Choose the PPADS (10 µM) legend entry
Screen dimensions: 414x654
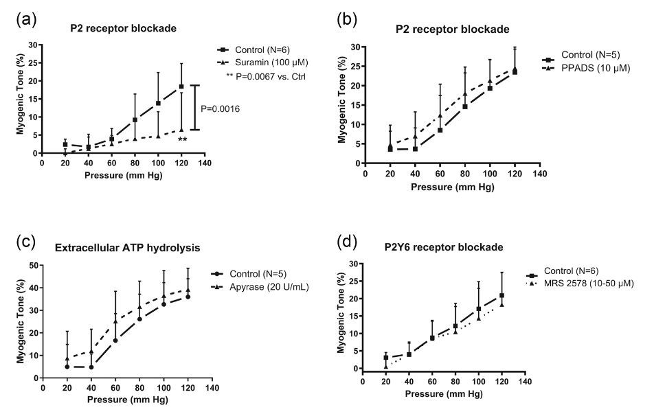click(591, 69)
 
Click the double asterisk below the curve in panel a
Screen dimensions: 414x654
click(182, 140)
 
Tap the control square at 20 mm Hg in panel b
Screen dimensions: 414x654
click(390, 149)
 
